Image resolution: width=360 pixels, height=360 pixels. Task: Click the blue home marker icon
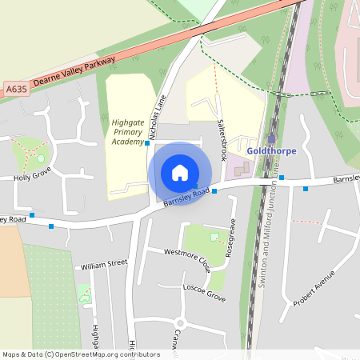point(180,173)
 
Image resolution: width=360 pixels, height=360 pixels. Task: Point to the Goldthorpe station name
point(273,150)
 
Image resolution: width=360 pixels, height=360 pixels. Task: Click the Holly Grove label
point(32,173)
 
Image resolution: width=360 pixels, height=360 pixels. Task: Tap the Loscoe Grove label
point(204,290)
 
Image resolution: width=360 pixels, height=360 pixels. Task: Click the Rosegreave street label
point(230,237)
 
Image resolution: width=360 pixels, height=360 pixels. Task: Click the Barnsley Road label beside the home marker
point(186,197)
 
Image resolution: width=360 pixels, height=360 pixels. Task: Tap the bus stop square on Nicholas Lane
point(147,142)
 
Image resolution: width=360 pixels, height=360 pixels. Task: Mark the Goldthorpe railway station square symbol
point(272,138)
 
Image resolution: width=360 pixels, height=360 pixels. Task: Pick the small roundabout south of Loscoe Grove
point(181,323)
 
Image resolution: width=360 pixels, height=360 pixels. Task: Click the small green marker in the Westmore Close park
point(212,236)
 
